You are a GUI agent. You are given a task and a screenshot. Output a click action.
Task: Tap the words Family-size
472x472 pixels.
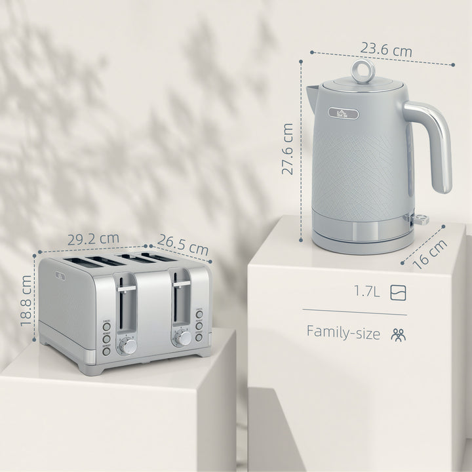(344, 333)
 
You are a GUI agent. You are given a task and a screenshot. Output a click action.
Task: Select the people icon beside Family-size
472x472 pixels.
(398, 334)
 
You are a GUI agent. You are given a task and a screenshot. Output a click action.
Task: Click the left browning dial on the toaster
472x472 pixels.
(129, 345)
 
